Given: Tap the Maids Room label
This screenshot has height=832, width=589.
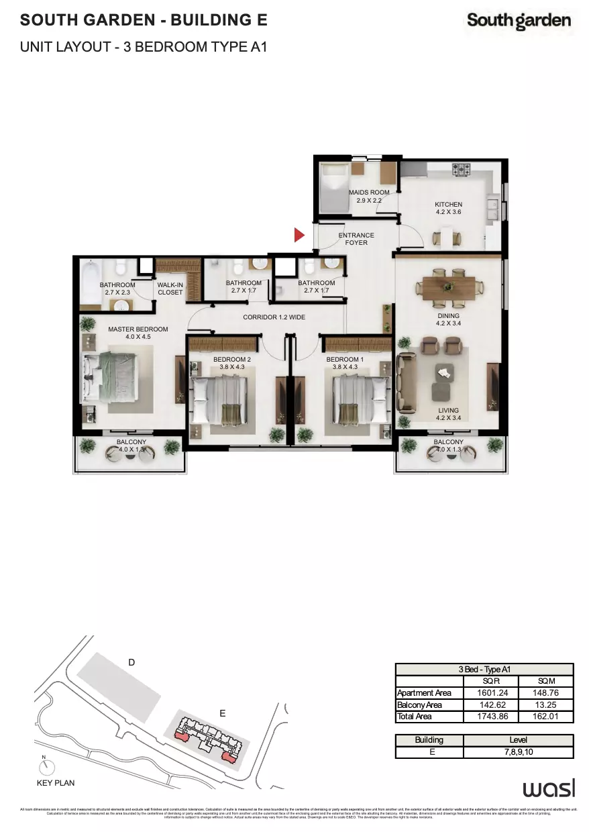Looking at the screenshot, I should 368,196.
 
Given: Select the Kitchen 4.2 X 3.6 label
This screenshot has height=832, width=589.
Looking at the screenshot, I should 448,208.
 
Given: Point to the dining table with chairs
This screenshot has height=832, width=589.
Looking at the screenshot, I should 448,286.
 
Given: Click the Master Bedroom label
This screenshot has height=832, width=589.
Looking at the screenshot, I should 138,333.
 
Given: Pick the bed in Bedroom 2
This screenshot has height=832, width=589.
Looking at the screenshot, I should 220,401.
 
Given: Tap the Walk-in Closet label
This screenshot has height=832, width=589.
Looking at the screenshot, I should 170,289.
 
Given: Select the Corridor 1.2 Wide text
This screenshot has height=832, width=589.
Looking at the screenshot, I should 274,317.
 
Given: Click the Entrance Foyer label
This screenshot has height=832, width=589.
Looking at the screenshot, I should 356,239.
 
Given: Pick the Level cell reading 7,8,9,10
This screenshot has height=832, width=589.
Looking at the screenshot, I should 520,752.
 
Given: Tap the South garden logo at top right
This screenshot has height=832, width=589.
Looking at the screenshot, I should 519,21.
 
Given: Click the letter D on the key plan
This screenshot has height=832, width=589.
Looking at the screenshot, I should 131,662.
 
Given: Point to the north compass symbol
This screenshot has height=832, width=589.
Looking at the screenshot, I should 45,766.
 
